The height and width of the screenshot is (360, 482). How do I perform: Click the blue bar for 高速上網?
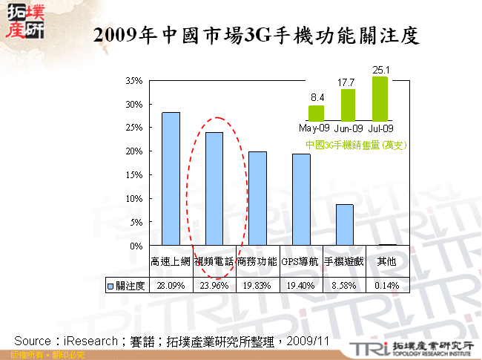(171, 178)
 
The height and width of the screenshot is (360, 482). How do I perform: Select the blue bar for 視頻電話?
(214, 189)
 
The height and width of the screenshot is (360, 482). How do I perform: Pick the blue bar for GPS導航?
(301, 199)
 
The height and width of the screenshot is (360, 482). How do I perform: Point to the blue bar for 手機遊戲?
(344, 224)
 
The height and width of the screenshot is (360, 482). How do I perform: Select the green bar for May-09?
(317, 113)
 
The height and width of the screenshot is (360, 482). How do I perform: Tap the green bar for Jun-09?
(348, 105)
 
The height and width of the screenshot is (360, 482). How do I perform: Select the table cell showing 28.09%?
(171, 285)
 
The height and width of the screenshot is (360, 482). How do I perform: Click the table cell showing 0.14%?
(387, 285)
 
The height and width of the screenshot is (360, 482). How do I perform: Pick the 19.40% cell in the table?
(300, 285)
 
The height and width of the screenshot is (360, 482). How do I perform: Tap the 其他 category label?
(387, 261)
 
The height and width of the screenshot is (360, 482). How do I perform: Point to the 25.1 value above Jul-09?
(380, 71)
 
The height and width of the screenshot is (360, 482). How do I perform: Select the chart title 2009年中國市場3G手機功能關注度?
(257, 35)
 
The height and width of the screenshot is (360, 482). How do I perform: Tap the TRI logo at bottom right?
(366, 348)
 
